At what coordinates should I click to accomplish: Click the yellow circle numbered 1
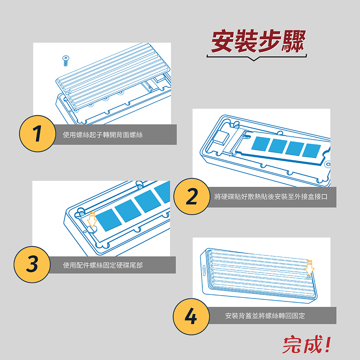[37, 134]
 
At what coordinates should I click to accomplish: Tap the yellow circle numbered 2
[192, 197]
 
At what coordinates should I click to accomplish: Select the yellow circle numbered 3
[32, 265]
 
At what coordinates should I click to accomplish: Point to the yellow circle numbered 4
[191, 316]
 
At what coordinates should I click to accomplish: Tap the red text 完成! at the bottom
[307, 344]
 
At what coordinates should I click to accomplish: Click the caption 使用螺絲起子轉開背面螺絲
[103, 135]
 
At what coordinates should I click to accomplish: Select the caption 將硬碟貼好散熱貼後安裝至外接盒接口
[271, 197]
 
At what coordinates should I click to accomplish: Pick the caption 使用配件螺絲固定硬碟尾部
[103, 265]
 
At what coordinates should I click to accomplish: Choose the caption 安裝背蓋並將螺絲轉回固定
[265, 316]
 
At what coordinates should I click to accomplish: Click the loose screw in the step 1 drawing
[66, 60]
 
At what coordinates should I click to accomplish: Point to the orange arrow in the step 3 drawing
[92, 220]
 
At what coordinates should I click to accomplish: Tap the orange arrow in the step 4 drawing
[309, 268]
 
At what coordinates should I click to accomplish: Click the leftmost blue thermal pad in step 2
[261, 144]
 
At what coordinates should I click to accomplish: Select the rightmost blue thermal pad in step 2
[311, 150]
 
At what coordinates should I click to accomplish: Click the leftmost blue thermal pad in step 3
[108, 220]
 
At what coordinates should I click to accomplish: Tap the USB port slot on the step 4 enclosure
[204, 270]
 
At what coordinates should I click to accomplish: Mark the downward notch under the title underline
[254, 59]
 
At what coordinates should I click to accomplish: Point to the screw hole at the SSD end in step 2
[329, 164]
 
